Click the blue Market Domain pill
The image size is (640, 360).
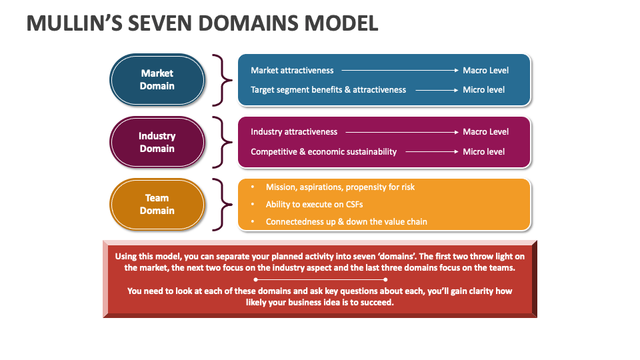157,79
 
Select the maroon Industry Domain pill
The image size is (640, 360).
157,142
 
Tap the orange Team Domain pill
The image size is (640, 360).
157,204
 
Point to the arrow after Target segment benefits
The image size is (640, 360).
436,90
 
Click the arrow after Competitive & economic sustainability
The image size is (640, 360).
431,152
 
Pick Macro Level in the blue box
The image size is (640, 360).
485,70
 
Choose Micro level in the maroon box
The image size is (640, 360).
483,152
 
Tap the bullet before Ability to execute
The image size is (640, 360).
251,205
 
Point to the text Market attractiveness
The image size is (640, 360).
292,70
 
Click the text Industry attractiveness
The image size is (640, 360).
294,132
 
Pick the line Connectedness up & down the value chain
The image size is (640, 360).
346,221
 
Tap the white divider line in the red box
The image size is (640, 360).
319,279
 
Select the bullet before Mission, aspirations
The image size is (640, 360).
251,187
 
